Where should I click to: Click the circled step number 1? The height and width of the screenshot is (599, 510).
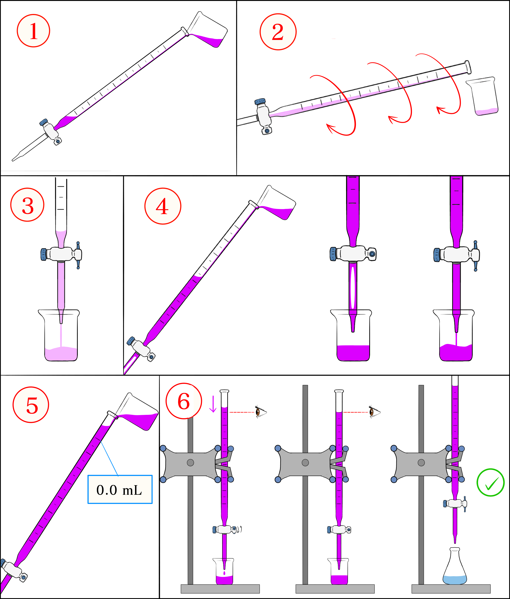[33, 31]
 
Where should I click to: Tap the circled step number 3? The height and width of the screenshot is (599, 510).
[27, 205]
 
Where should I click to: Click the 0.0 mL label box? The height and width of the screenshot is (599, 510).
[120, 489]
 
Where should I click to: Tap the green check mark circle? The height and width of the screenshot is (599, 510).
[490, 483]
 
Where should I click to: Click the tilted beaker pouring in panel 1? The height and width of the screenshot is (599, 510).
[208, 30]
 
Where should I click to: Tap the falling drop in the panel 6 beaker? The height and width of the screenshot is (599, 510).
[224, 573]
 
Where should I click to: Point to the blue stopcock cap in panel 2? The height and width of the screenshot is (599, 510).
[260, 101]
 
